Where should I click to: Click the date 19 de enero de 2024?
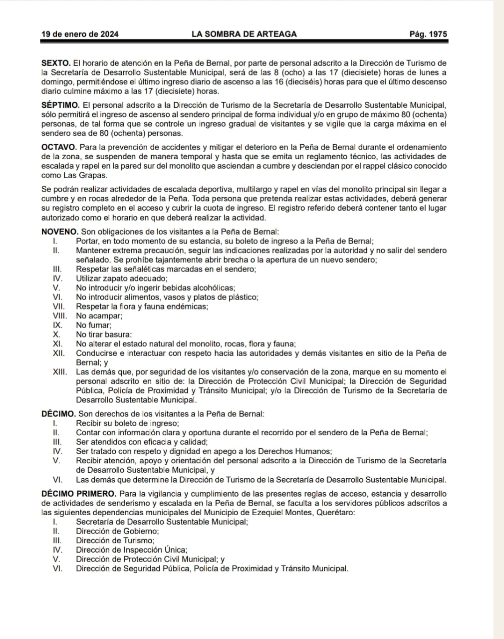[x=80, y=34]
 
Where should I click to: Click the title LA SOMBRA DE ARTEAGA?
[x=244, y=34]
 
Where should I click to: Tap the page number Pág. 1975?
[x=428, y=34]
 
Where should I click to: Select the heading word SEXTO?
[x=55, y=63]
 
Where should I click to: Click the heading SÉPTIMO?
[x=60, y=105]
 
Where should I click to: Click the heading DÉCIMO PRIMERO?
[x=79, y=494]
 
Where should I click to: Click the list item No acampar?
[x=99, y=316]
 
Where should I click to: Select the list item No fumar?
[x=93, y=325]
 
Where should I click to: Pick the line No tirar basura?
[x=104, y=334]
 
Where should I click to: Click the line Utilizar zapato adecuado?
[x=122, y=279]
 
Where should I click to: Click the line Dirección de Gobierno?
[x=117, y=531]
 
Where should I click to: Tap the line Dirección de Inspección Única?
[x=131, y=550]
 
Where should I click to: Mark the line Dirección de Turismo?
[x=115, y=541]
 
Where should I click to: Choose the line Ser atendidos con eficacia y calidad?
[x=142, y=442]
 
